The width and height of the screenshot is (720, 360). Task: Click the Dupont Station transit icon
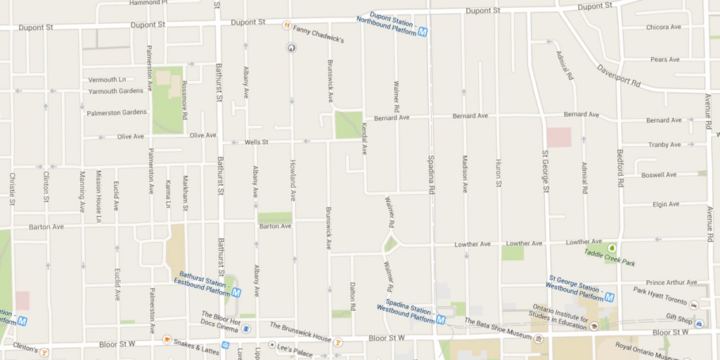pos(423,31)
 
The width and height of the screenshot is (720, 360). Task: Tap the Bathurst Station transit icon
pos(236,292)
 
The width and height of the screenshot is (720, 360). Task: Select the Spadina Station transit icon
pos(441,319)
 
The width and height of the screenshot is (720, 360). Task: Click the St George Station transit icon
pos(609,297)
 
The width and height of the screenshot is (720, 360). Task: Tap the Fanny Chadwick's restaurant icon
pos(286,26)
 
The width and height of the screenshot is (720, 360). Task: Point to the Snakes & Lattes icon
pos(167,340)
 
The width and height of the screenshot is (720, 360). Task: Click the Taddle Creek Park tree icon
pos(612,248)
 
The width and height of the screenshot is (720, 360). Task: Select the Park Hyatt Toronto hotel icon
pos(694,305)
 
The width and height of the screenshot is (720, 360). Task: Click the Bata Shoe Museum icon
pos(539,339)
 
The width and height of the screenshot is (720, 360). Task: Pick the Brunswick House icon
pos(338,342)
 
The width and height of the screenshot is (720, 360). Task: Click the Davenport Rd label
pos(619,76)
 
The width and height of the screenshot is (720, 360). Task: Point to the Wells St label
pos(257,142)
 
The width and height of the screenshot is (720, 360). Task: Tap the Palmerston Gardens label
pos(117,112)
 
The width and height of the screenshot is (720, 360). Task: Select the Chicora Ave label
pos(664,27)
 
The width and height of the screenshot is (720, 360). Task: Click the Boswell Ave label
pos(659,174)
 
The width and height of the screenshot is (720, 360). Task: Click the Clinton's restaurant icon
pos(44,352)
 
